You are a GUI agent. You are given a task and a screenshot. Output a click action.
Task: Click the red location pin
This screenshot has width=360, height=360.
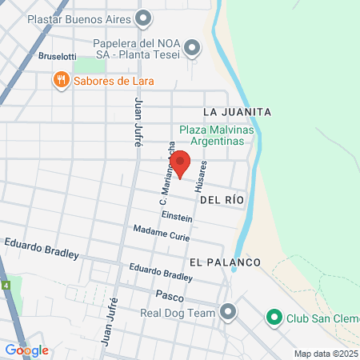point(181,162)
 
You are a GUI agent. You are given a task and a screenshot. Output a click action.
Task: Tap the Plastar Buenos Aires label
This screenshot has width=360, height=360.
point(79,18)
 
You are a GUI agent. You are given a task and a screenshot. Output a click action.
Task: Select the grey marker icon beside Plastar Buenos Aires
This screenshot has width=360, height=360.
point(144,18)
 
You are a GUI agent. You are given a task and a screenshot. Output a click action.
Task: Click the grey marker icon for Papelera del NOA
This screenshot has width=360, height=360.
point(192,50)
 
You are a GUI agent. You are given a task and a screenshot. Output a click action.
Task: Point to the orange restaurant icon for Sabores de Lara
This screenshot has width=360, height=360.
point(60,80)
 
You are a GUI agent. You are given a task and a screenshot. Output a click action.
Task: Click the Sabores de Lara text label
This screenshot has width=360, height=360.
point(114,81)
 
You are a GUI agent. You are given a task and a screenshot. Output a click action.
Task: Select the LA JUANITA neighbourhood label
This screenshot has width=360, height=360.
point(238,111)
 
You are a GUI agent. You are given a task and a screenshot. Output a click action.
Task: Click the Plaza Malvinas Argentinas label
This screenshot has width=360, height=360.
point(221,134)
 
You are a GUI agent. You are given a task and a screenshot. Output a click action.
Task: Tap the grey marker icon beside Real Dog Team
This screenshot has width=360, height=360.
point(229,313)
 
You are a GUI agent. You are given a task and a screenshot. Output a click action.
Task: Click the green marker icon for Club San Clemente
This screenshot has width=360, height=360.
point(274,318)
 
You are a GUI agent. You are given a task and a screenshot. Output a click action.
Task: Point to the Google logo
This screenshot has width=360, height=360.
point(26,350)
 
